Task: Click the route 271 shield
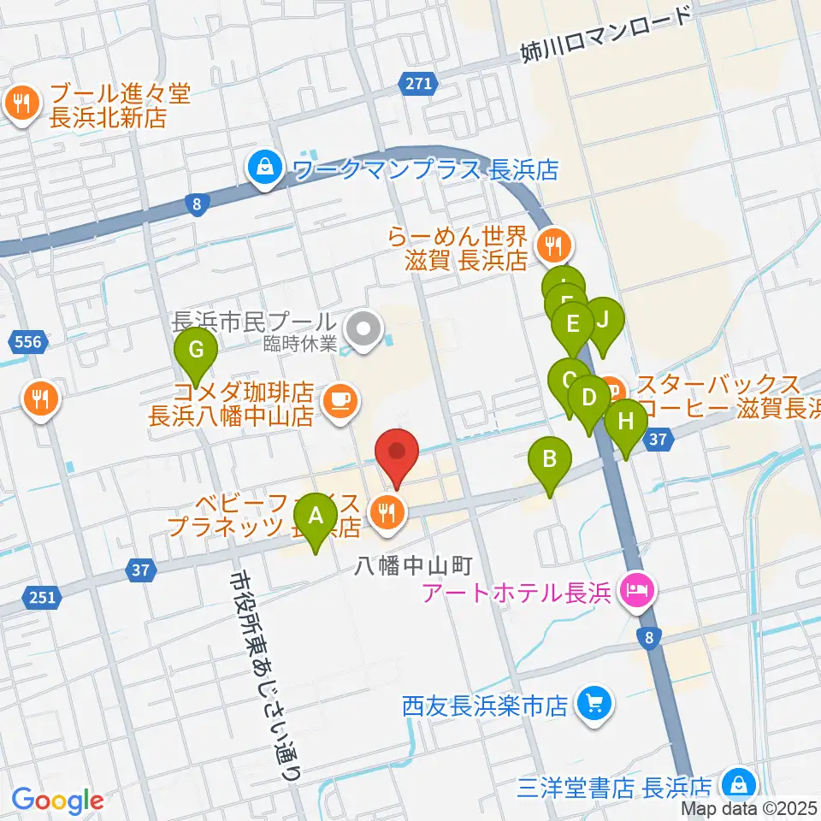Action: click(x=418, y=83)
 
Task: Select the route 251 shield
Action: click(x=44, y=597)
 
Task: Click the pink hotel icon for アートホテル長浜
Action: click(x=636, y=589)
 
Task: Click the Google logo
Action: click(x=57, y=800)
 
